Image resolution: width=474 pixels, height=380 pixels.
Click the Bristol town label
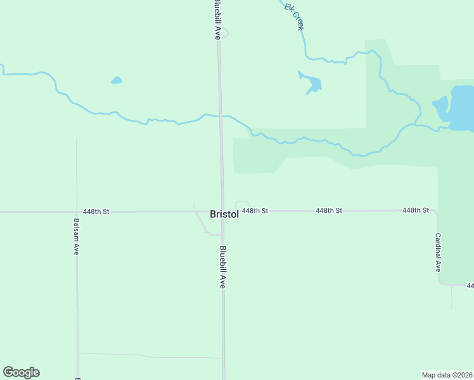[224, 215]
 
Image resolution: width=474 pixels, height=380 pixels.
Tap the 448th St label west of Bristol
[96, 212]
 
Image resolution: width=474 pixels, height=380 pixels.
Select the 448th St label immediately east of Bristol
[255, 210]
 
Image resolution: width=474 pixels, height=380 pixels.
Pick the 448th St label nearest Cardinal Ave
[416, 210]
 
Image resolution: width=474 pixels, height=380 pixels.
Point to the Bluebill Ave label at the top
[217, 20]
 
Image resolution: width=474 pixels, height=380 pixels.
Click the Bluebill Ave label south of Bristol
[223, 267]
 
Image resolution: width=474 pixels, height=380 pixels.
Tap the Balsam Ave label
[76, 237]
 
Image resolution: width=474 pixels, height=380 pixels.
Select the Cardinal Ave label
[438, 252]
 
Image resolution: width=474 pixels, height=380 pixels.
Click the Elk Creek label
[295, 16]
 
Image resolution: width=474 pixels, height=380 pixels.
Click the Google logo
[21, 372]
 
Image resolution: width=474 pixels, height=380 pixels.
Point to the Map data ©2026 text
[447, 374]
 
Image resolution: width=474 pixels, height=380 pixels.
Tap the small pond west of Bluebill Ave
[116, 80]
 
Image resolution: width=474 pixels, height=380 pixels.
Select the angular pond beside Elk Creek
[311, 84]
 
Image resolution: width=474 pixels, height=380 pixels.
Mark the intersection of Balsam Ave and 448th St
[76, 212]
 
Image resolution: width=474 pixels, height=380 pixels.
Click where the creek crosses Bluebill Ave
[221, 117]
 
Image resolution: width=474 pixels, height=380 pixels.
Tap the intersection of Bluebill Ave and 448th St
[222, 211]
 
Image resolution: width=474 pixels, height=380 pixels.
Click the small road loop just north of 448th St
[242, 205]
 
